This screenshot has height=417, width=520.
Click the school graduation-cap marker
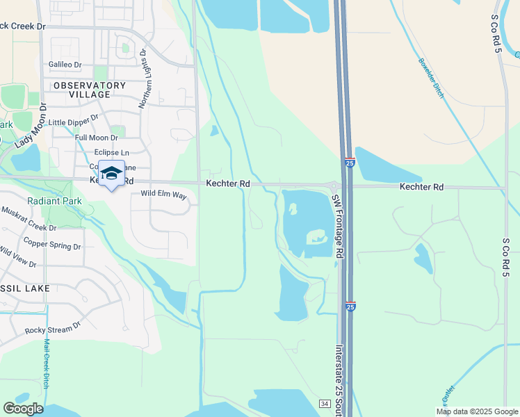[111, 173]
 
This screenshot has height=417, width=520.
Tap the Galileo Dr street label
[65, 65]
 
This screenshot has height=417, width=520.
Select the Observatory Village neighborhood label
[90, 90]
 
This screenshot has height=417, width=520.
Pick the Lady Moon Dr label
[30, 126]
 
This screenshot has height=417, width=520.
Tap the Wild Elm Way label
[164, 195]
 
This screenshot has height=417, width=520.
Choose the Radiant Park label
[55, 201]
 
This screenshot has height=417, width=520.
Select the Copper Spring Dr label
[52, 243]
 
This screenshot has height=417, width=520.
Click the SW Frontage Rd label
[337, 226]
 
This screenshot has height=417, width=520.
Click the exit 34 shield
[324, 404]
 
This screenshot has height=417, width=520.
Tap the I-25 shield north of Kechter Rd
[348, 163]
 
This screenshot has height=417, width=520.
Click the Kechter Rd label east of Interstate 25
[421, 187]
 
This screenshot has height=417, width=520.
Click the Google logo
[23, 409]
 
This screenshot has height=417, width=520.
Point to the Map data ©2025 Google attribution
[476, 411]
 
